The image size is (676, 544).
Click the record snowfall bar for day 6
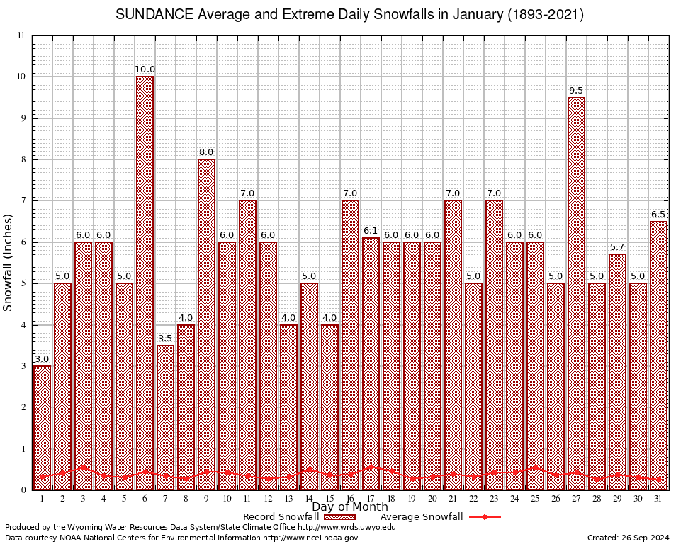(x=145, y=283)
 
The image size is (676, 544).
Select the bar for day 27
(x=576, y=293)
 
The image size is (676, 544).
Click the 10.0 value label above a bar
(x=145, y=69)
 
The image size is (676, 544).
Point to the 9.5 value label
(x=576, y=91)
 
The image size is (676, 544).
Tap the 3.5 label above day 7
(x=165, y=339)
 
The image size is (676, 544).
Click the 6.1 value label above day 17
(x=371, y=231)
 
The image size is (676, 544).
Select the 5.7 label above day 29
(x=617, y=247)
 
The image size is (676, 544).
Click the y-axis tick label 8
(x=22, y=159)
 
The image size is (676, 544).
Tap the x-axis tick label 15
(x=329, y=499)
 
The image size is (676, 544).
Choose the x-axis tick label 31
(x=658, y=499)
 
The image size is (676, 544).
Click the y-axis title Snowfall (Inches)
(x=9, y=262)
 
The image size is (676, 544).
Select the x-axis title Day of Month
(x=349, y=507)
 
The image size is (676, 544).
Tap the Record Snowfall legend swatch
(x=334, y=517)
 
